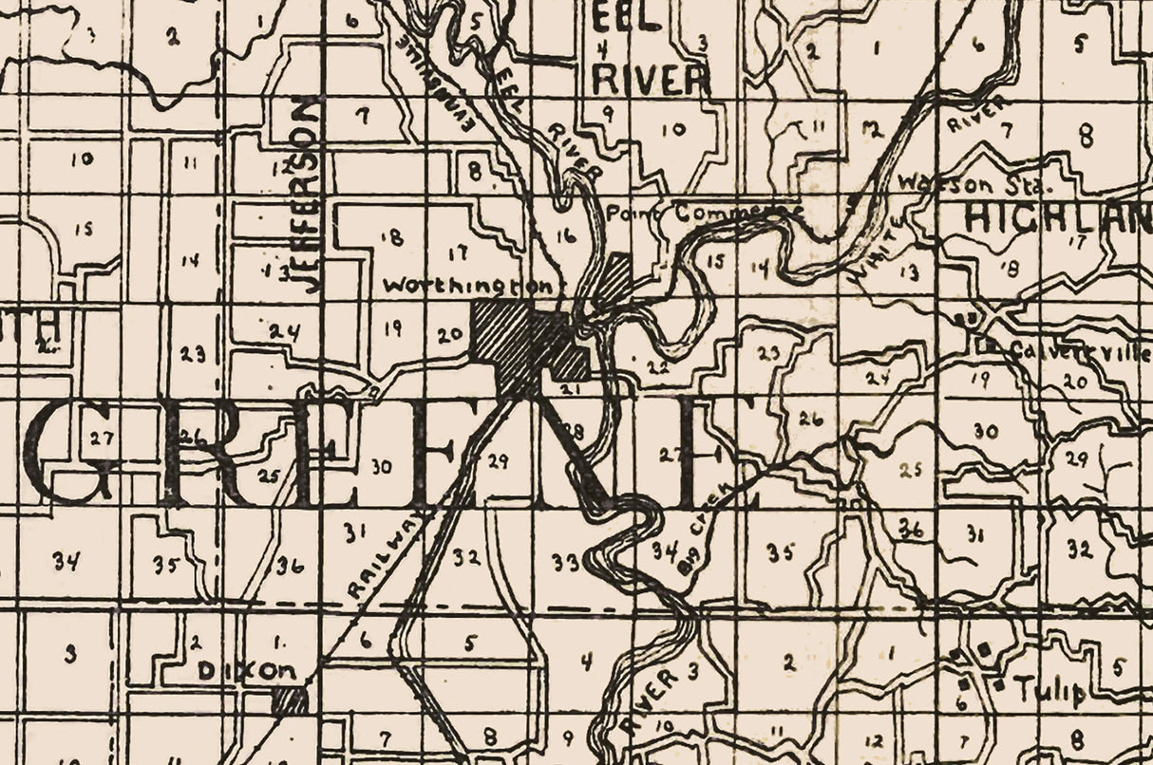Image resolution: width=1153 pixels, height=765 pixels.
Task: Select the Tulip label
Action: (x=1050, y=690)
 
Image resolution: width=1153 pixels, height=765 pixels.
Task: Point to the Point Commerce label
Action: (x=705, y=212)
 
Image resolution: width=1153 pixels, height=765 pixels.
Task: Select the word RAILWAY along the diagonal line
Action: (x=384, y=559)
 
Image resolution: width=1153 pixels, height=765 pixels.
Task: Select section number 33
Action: (x=566, y=563)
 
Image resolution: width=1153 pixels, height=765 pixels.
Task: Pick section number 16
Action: (x=565, y=237)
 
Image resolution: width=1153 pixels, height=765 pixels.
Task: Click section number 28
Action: (x=573, y=432)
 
